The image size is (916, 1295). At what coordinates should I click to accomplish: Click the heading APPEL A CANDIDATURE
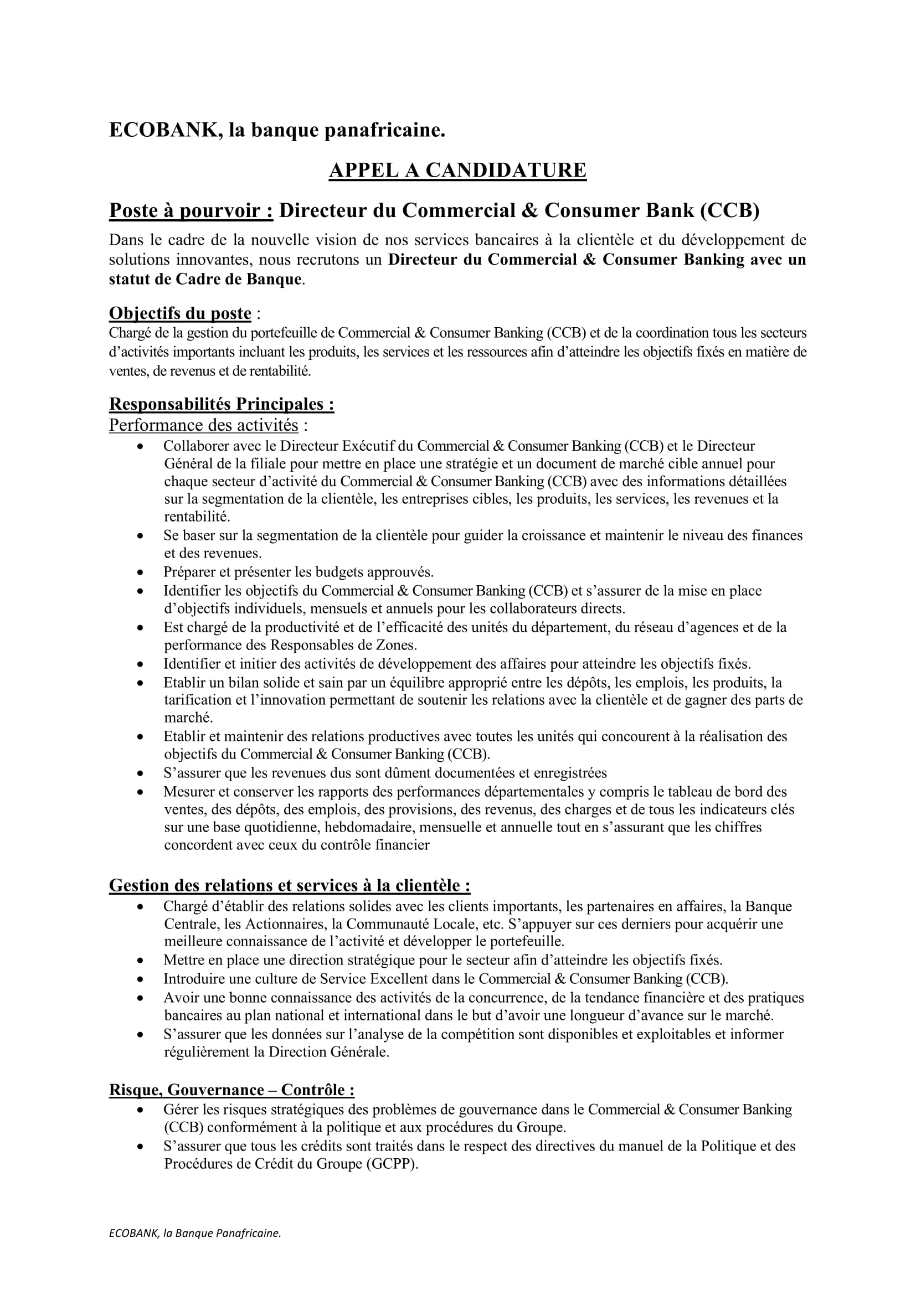pyautogui.click(x=457, y=171)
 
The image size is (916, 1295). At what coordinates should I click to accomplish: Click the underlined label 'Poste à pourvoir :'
pyautogui.click(x=191, y=210)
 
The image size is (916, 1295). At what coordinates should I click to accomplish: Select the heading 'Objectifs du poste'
pyautogui.click(x=180, y=313)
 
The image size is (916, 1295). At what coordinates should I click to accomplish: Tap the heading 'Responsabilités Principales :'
pyautogui.click(x=221, y=404)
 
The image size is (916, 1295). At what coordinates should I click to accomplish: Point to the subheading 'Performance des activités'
pyautogui.click(x=203, y=424)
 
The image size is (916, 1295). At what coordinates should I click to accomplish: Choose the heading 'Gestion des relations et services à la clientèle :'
pyautogui.click(x=289, y=885)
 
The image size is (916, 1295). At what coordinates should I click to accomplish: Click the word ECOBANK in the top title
pyautogui.click(x=160, y=130)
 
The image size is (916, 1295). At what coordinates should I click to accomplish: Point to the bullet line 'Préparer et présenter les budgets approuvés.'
pyautogui.click(x=299, y=572)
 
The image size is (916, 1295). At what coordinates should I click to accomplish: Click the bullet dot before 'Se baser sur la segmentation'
pyautogui.click(x=141, y=536)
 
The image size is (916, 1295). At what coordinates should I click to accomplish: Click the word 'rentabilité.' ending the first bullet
pyautogui.click(x=197, y=517)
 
